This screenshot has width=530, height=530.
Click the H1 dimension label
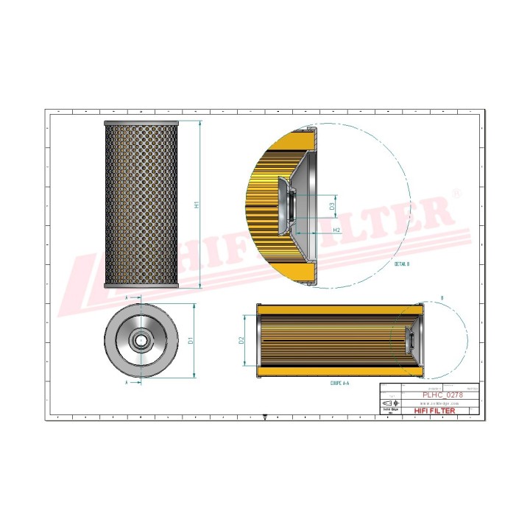click(x=197, y=205)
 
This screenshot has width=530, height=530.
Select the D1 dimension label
click(x=190, y=341)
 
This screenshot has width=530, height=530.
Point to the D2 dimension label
click(x=241, y=340)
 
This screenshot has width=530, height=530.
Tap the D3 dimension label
click(x=333, y=208)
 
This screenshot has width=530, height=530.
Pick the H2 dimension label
click(x=336, y=230)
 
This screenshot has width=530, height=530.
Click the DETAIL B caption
click(x=401, y=262)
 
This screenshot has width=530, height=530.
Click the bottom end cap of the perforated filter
click(x=141, y=286)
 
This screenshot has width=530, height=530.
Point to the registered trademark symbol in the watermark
click(x=456, y=194)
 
